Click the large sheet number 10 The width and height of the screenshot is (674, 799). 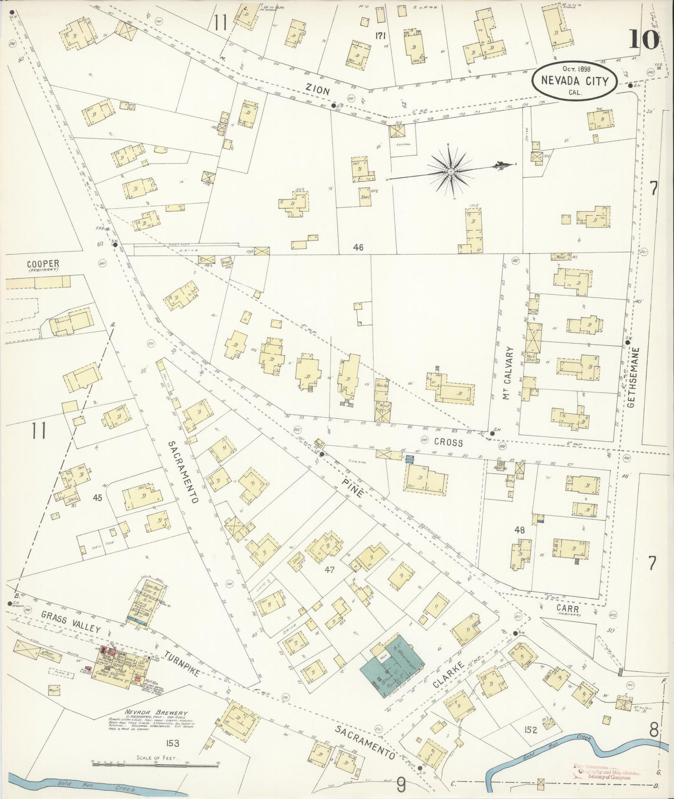coord(644,39)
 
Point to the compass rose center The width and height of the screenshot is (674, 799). coord(451,172)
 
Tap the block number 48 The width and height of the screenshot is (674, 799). coord(520,530)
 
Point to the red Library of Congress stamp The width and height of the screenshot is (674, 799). coord(606,772)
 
